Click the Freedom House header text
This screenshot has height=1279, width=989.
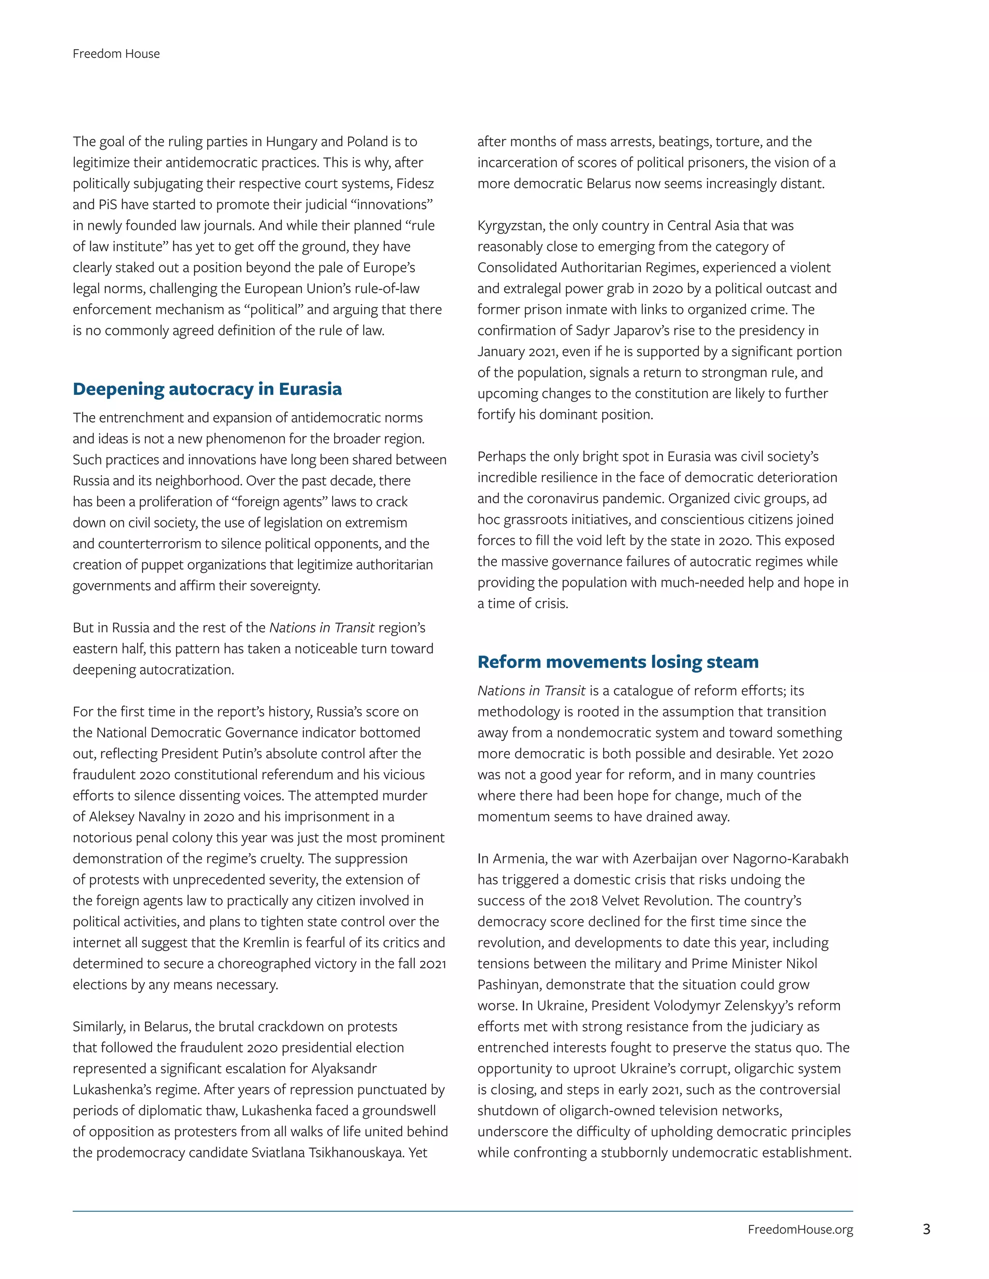pyautogui.click(x=116, y=54)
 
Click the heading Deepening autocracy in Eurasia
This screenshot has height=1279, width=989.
pyautogui.click(x=207, y=389)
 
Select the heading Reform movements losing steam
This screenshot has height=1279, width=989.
pyautogui.click(x=618, y=662)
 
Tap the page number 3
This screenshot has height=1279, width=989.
pyautogui.click(x=926, y=1229)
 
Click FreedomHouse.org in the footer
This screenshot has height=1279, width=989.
pyautogui.click(x=800, y=1230)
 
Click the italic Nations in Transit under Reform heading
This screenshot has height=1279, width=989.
pyautogui.click(x=531, y=691)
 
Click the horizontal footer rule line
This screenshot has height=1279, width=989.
pyautogui.click(x=462, y=1211)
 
